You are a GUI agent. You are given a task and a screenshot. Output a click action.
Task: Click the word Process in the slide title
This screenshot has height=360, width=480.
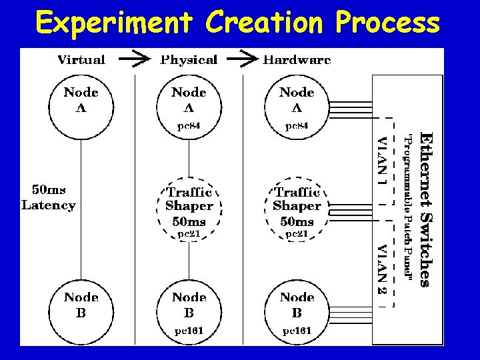tap(388, 23)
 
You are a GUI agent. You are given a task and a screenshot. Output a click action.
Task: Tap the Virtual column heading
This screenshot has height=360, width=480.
tap(81, 60)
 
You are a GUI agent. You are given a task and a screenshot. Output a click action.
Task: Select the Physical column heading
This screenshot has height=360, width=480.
tap(189, 60)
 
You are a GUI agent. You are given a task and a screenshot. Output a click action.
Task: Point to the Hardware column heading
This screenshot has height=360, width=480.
tap(297, 60)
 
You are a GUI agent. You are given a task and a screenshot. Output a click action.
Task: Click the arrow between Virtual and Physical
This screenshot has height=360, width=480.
tap(136, 60)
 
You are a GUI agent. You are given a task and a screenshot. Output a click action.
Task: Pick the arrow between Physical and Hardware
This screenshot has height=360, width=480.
tap(247, 60)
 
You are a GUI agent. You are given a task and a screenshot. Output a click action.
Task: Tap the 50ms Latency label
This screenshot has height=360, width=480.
tap(49, 198)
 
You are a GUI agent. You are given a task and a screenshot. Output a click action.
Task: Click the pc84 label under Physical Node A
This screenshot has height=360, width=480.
tap(189, 125)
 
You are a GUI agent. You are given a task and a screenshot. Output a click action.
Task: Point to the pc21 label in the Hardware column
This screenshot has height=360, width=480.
tap(297, 234)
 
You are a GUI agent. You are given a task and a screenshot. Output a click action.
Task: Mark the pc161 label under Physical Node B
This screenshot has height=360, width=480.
tap(189, 330)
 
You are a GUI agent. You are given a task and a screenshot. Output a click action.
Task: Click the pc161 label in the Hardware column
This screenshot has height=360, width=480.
tap(297, 330)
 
